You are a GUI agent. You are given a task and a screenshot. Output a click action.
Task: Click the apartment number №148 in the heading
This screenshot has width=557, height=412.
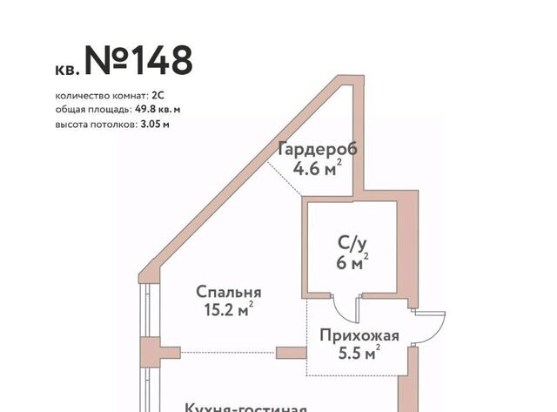[x=138, y=60]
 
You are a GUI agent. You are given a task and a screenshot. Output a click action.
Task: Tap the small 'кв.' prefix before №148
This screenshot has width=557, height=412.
[x=66, y=70]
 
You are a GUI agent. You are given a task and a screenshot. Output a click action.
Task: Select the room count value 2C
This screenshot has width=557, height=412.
[x=158, y=96]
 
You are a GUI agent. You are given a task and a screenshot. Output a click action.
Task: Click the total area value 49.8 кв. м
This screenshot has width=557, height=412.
[x=158, y=109]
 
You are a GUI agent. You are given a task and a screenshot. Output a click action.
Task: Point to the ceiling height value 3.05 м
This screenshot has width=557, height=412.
[x=155, y=125]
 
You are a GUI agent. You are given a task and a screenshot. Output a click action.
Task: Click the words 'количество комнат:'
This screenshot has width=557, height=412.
[x=102, y=96]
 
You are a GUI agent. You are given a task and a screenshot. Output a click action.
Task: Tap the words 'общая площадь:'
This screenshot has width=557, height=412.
[x=94, y=110]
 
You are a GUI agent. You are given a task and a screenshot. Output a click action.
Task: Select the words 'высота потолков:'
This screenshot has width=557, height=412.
[x=97, y=125]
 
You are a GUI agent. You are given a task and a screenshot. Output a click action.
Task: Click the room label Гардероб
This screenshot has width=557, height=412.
[x=318, y=149]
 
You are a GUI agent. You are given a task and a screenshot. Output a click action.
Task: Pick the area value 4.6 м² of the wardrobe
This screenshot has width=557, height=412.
[x=317, y=168]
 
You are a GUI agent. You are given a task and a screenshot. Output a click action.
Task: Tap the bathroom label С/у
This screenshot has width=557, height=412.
[x=352, y=244]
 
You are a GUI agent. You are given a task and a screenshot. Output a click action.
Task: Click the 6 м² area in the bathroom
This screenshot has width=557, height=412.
[x=352, y=262]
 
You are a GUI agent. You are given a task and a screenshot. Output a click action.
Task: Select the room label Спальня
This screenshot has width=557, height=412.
[x=229, y=292]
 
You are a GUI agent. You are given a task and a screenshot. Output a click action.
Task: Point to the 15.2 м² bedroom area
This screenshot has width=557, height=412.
[x=229, y=309]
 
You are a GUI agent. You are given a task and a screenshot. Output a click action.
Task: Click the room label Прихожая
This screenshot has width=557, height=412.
[x=359, y=335]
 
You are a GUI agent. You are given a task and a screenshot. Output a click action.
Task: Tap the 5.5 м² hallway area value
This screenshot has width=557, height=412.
[x=359, y=353]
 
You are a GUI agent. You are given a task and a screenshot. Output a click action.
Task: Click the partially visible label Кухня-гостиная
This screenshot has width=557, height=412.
[x=245, y=408]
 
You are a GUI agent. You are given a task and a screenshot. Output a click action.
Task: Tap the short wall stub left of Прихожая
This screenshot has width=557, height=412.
[x=292, y=353]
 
